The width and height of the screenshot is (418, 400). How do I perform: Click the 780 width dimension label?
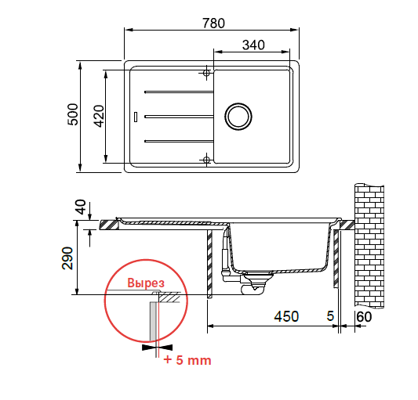pos(213,23)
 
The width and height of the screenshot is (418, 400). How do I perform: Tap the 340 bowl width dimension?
pos(253,45)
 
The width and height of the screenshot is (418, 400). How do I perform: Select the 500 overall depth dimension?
pos(73,114)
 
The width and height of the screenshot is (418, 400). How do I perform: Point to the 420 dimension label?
pos(100,116)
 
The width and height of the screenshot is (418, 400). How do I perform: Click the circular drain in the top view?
pos(238,117)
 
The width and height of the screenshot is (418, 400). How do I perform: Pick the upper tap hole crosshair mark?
pos(206,72)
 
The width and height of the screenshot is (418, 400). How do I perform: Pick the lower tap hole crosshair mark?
pos(206,160)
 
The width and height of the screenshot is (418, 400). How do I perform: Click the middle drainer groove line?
pos(179,117)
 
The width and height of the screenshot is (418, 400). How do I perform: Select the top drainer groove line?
pos(179,92)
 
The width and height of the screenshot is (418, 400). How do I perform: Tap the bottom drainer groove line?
pos(179,141)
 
